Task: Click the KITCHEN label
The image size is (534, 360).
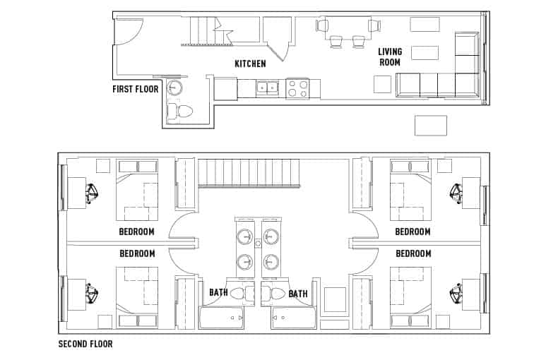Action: click(x=250, y=64)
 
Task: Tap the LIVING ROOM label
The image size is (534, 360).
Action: click(x=389, y=57)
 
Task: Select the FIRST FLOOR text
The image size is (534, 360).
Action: click(x=136, y=90)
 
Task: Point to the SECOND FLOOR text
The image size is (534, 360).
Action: click(x=85, y=345)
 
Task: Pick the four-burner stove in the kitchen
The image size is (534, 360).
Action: click(x=297, y=88)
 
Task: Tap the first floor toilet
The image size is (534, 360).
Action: click(x=182, y=112)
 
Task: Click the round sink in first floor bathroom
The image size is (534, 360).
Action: click(x=174, y=88)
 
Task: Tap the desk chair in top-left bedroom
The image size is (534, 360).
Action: click(x=92, y=193)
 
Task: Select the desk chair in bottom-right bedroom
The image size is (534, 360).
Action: click(x=456, y=291)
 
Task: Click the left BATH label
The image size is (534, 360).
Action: click(x=218, y=293)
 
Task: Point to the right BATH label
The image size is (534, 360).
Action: click(x=297, y=293)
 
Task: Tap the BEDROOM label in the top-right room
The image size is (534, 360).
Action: click(x=413, y=232)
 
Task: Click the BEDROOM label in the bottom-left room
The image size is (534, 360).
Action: click(x=137, y=253)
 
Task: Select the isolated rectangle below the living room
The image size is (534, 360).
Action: click(x=430, y=125)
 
